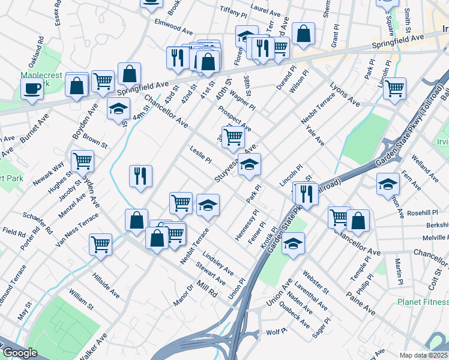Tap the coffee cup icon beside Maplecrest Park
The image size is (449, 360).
pyautogui.click(x=32, y=89)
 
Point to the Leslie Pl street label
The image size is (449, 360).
pyautogui.click(x=200, y=156)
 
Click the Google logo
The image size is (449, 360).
pyautogui.click(x=20, y=352)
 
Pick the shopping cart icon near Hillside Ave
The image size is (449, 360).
pyautogui.click(x=100, y=244)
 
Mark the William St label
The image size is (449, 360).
pyautogui.click(x=81, y=298)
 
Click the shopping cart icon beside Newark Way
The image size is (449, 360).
pyautogui.click(x=82, y=160)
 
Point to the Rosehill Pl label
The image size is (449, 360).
pyautogui.click(x=423, y=212)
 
